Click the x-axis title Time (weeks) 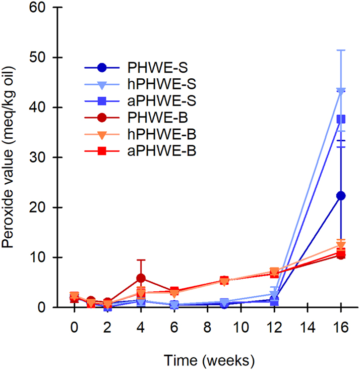point(209,360)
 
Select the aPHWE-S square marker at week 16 point(341,119)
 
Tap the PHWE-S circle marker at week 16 point(341,196)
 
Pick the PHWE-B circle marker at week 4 point(141,278)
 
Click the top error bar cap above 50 point(341,50)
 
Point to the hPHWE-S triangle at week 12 point(274,294)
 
